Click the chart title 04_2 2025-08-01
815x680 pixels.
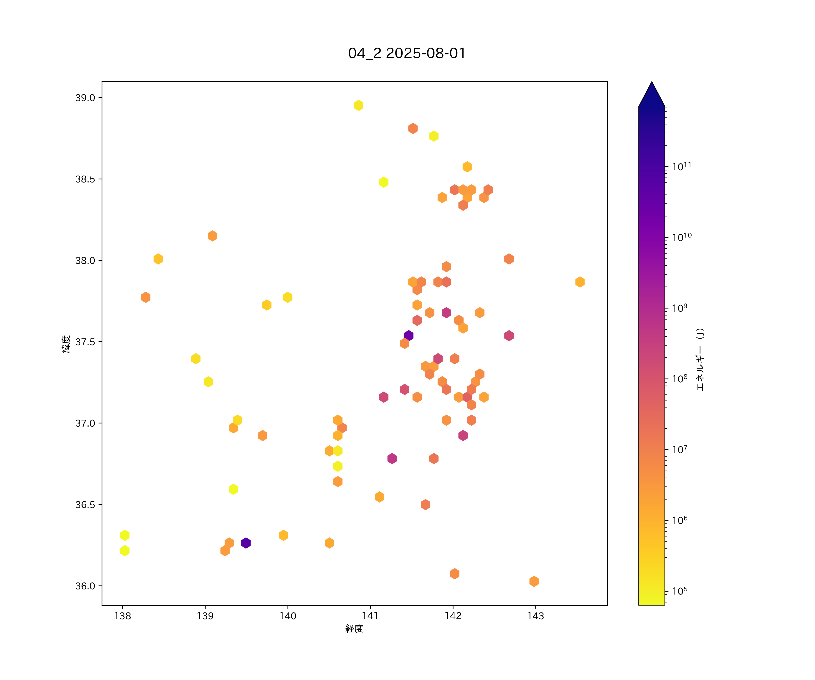coord(407,53)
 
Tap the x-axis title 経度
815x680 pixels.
coord(354,628)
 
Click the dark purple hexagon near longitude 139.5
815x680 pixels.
coord(246,543)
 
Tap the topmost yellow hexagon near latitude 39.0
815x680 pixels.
coord(359,105)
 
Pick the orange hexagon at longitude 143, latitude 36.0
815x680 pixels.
coord(534,581)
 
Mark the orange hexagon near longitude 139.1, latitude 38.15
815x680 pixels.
coord(212,236)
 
